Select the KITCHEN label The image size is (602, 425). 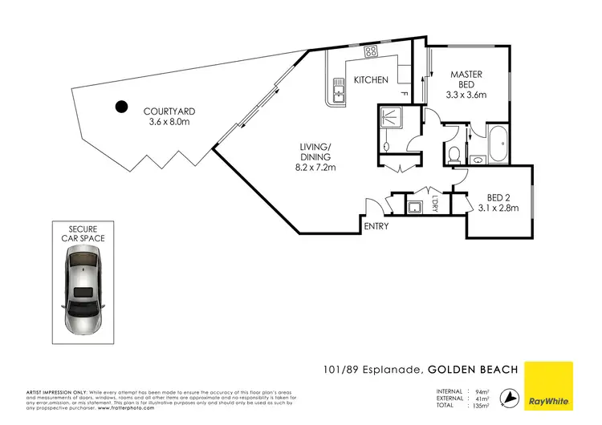click(x=372, y=79)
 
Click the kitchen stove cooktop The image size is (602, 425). click(x=371, y=51)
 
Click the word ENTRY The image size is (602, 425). click(x=376, y=226)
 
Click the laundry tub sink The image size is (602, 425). click(x=415, y=207)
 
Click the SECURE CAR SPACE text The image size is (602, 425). click(x=86, y=233)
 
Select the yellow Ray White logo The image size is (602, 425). click(x=549, y=384)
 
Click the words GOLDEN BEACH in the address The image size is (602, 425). click(x=474, y=370)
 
